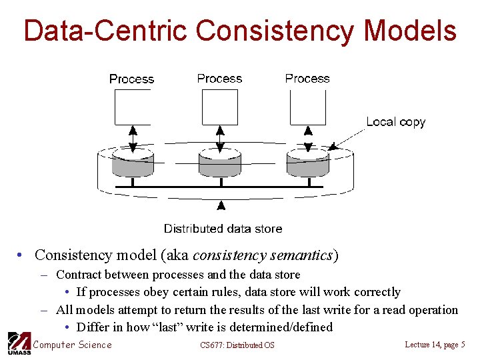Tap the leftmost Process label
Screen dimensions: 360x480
[x=131, y=79]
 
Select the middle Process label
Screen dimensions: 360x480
[x=219, y=79]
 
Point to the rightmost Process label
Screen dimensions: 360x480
[x=307, y=79]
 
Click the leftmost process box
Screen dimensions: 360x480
[x=132, y=107]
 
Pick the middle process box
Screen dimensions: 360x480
[x=220, y=107]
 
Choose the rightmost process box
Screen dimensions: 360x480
[x=308, y=107]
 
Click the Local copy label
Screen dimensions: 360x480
[x=395, y=122]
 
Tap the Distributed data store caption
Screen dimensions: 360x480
[x=223, y=229]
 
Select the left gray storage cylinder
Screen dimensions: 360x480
[x=133, y=163]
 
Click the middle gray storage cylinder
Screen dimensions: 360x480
[x=220, y=163]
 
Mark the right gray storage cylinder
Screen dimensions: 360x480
[x=307, y=163]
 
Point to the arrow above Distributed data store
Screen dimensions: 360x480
[x=221, y=210]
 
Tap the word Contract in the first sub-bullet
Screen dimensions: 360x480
[x=78, y=275]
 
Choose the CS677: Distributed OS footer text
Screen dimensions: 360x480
[x=237, y=345]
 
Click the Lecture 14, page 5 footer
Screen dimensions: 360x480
[x=435, y=344]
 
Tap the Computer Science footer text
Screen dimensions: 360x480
[x=72, y=345]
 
